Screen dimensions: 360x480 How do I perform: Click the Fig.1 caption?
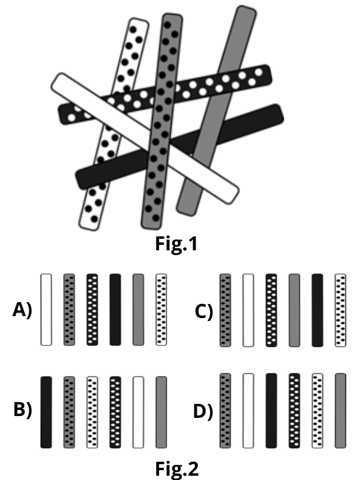pos(176,244)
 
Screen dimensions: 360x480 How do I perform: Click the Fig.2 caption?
pos(177,468)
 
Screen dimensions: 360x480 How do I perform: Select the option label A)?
pos(23,310)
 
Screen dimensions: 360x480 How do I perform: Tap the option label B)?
pos(23,409)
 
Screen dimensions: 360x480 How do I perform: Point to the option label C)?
pos(204,312)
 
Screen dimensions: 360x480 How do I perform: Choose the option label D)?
pos(203,411)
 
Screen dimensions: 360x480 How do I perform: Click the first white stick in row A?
pos(46,310)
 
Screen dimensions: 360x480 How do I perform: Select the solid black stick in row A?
pos(115,310)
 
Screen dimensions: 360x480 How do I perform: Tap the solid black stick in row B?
pos(46,412)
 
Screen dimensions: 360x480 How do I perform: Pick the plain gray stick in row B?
pos(161,412)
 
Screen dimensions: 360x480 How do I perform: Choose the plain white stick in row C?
pos(249,311)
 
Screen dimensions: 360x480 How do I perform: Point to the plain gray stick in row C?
pos(294,311)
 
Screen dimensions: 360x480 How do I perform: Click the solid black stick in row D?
pos(271,411)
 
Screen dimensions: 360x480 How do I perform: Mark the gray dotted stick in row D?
pos(225,411)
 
